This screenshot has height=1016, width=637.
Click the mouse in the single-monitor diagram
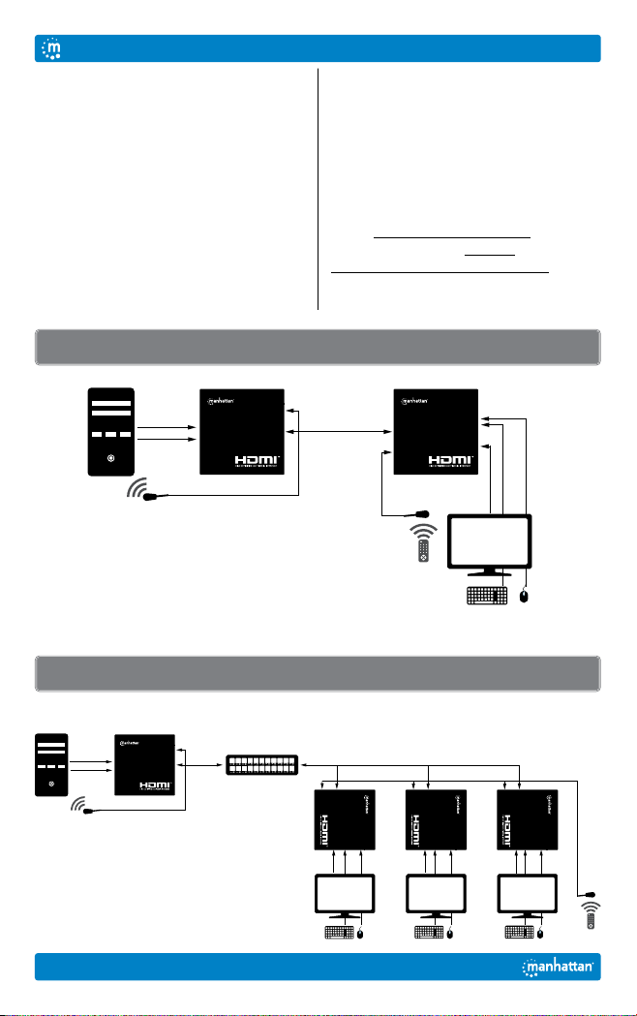pos(524,596)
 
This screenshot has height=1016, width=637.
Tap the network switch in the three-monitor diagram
pos(263,765)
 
